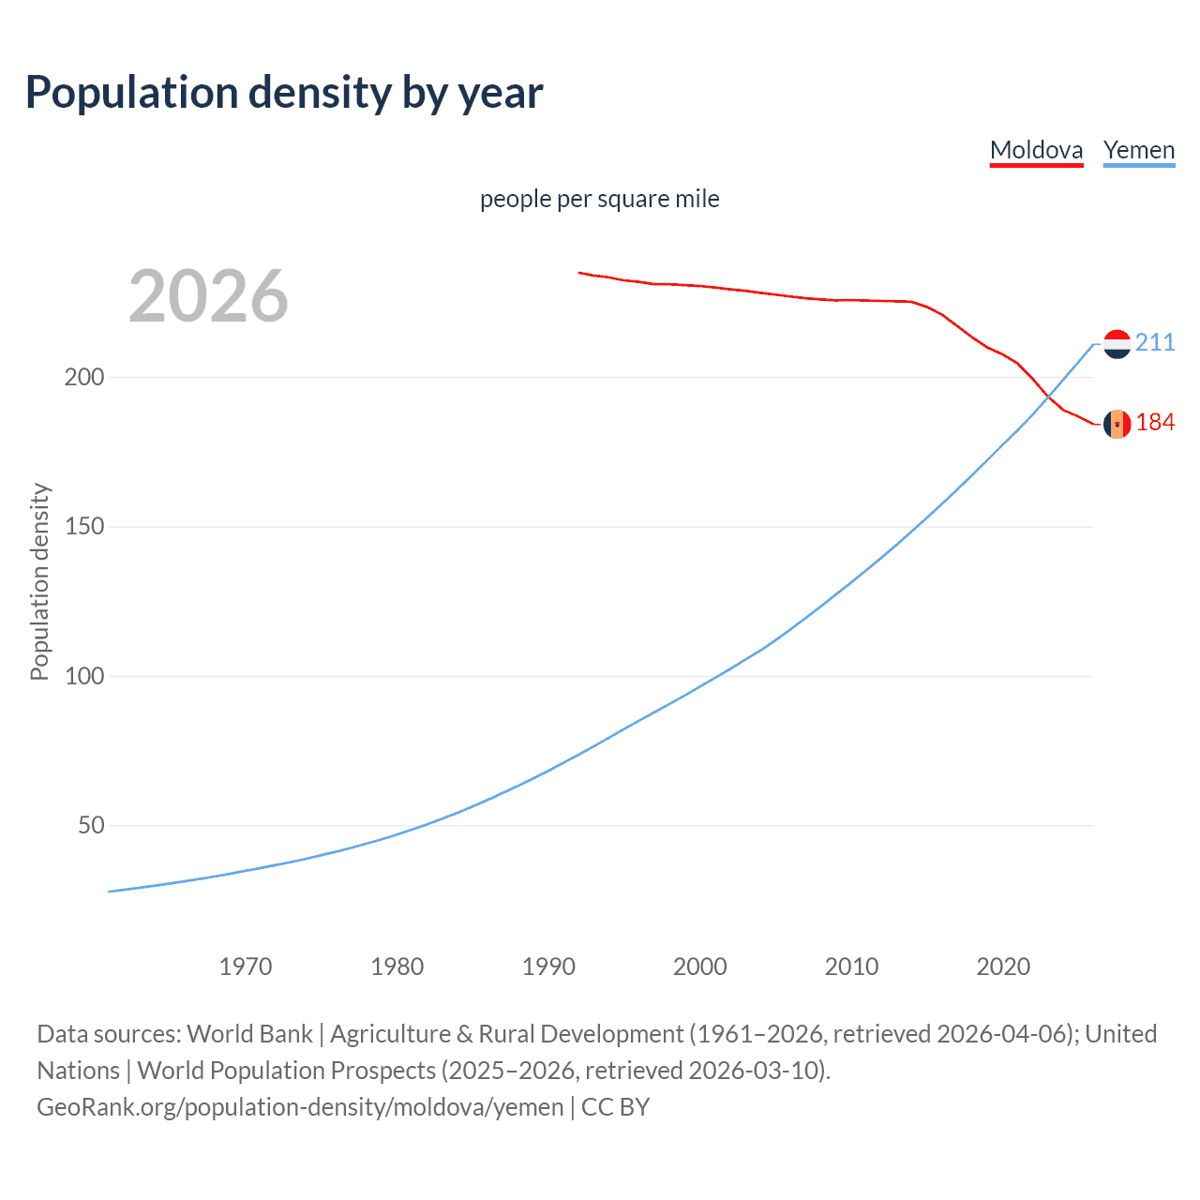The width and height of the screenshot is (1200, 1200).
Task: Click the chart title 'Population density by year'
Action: point(284,92)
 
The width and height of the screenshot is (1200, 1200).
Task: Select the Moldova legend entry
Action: point(1036,150)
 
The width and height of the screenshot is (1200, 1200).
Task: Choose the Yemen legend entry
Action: point(1139,150)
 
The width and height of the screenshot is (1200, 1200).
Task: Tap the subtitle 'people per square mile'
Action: point(599,199)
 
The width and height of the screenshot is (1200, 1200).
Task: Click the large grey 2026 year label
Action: point(208,296)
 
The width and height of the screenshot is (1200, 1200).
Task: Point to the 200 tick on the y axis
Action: point(84,377)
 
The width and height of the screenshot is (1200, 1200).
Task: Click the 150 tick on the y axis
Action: point(84,527)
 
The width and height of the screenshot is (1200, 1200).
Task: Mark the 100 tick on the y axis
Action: point(84,676)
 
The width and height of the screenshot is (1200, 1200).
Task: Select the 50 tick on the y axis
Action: point(91,826)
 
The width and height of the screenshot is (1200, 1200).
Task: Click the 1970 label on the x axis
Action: point(246,967)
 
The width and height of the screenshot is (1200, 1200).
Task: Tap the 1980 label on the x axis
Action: point(397,967)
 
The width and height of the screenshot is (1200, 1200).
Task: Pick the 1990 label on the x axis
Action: point(548,967)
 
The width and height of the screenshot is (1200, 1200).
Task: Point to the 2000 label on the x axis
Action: point(700,967)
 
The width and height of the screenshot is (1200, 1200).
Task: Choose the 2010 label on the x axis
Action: point(851,967)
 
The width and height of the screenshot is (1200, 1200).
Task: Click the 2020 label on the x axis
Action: point(1003,967)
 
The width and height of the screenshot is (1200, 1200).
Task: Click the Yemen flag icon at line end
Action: point(1117,344)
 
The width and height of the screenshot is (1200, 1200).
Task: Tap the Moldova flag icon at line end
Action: point(1117,424)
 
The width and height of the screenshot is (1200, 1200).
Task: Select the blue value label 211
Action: point(1155,342)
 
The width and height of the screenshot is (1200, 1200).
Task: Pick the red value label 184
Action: point(1155,423)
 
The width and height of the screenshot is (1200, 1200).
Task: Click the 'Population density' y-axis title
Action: point(39,581)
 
